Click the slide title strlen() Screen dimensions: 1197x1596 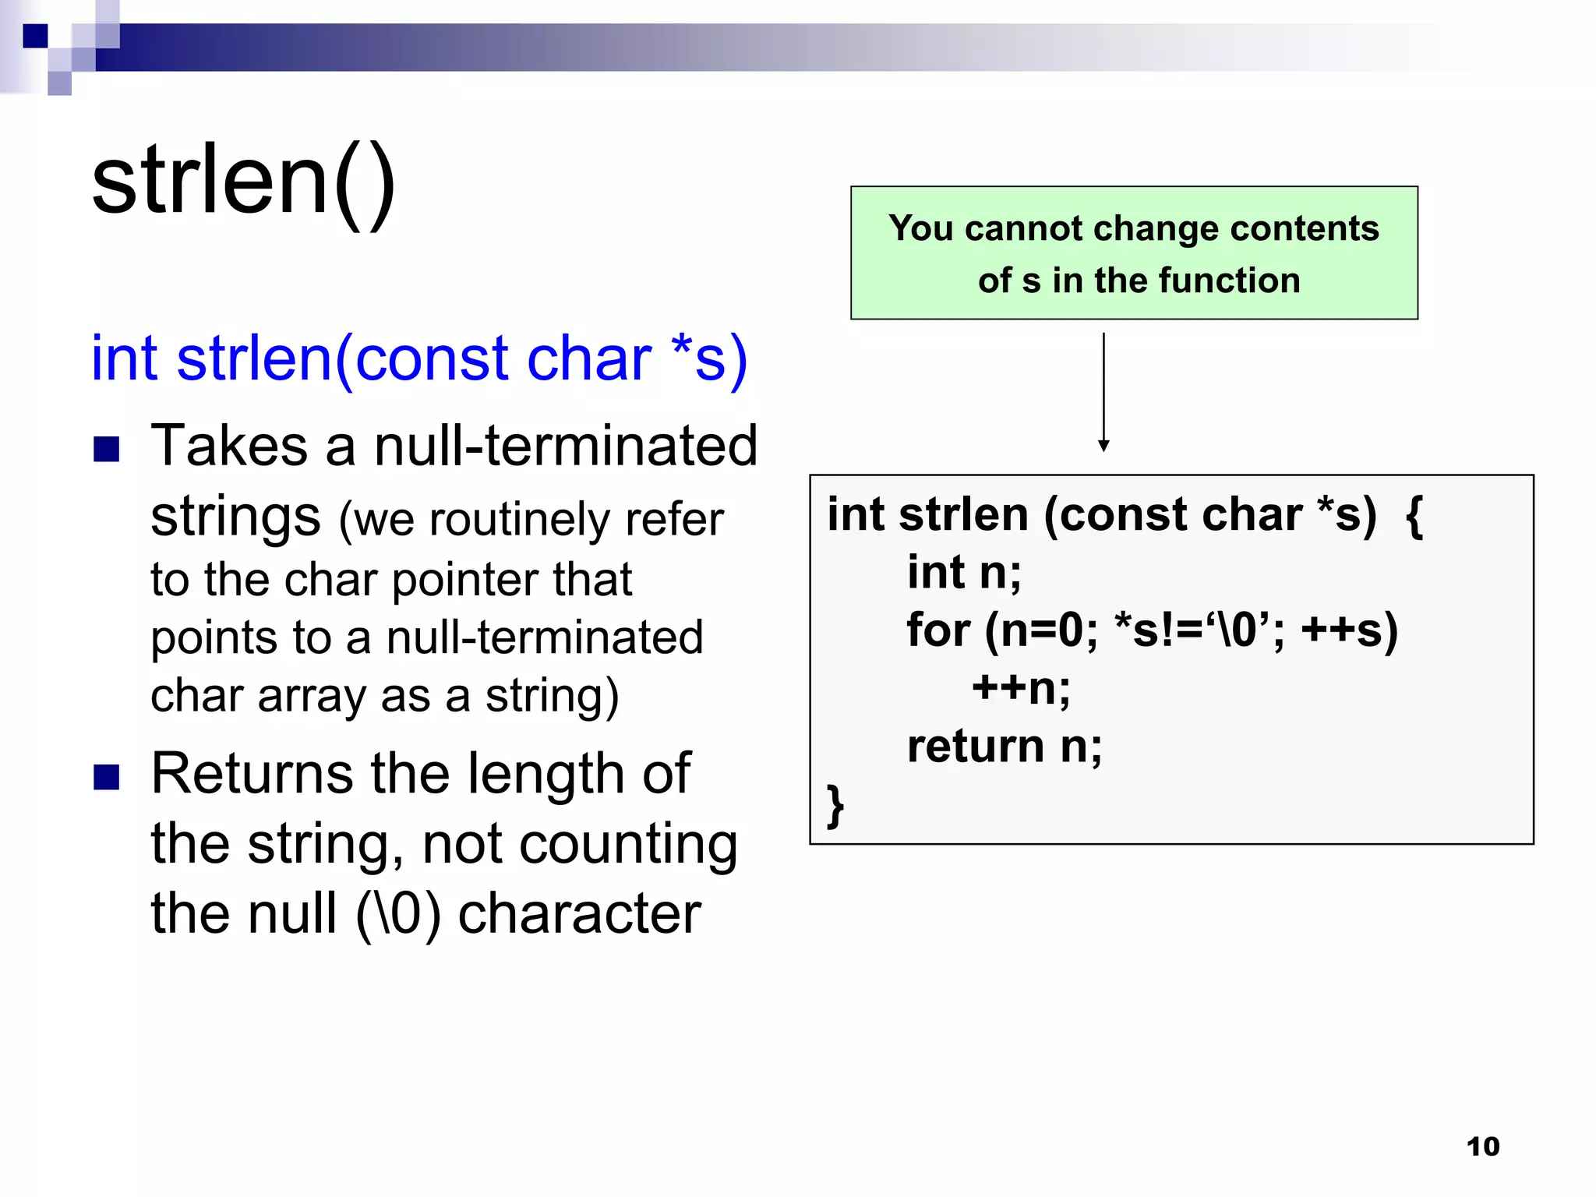click(244, 183)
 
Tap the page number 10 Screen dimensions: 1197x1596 click(1482, 1146)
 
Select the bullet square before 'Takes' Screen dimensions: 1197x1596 click(107, 449)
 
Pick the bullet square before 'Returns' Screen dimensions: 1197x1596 click(107, 776)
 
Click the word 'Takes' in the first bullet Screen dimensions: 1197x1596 click(229, 446)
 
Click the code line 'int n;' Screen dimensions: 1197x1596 click(964, 573)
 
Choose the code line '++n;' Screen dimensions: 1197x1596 click(1021, 688)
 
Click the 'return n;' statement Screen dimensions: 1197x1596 click(1005, 746)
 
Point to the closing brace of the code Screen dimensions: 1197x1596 click(835, 805)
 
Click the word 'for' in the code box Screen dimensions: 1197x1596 click(938, 630)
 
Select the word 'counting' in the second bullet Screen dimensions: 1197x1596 click(628, 845)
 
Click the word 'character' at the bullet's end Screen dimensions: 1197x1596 click(579, 913)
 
